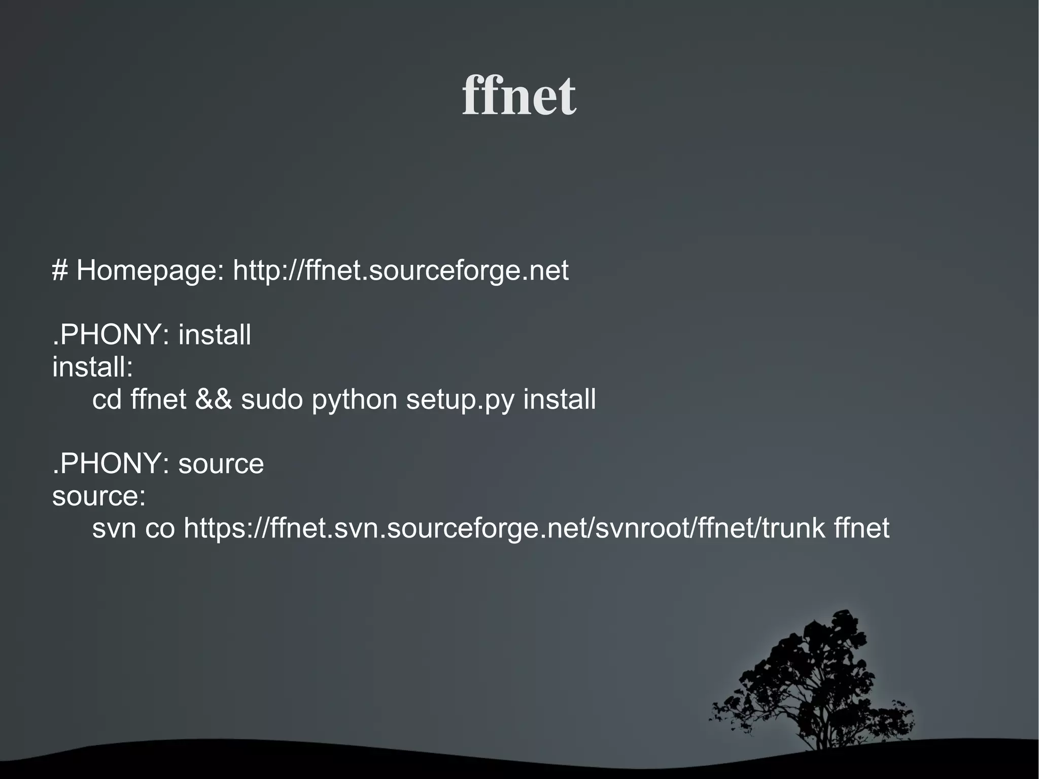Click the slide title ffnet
[x=519, y=95]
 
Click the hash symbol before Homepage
[x=60, y=270]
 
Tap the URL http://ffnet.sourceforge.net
[x=401, y=270]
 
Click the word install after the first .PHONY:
[x=215, y=335]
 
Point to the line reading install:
[x=92, y=367]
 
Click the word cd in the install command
[x=107, y=399]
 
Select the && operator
[x=214, y=399]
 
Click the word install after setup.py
[x=560, y=399]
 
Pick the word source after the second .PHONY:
[x=221, y=464]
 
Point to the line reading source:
[x=99, y=496]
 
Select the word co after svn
[x=160, y=528]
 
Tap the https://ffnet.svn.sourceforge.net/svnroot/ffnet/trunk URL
[x=504, y=528]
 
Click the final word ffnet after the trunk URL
[x=861, y=528]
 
